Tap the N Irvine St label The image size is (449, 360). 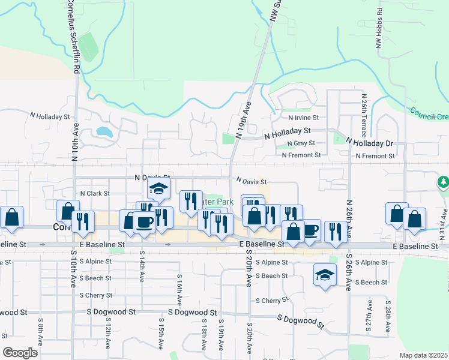(303, 118)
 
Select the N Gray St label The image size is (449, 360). (301, 143)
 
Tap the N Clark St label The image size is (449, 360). (95, 193)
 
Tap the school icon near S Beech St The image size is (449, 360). (325, 275)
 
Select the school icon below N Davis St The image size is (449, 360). (159, 189)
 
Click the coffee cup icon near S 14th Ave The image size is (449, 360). (144, 221)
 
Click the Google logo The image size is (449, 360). (20, 352)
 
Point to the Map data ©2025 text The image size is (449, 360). (423, 355)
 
